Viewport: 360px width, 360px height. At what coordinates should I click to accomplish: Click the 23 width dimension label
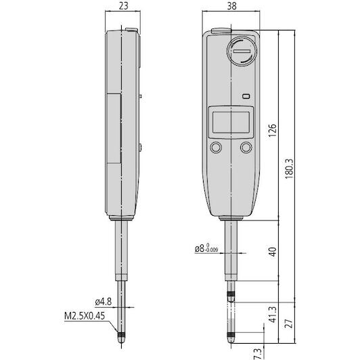coord(123,5)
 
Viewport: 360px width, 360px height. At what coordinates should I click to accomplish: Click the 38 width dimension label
coord(231,6)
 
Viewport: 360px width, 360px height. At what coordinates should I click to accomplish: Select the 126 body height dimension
coord(272,131)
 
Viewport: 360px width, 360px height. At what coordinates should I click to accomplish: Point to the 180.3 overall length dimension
coord(290,168)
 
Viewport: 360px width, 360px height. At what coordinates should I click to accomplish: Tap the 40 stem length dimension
coord(272,252)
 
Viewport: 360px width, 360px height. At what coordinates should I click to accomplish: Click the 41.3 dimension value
coord(273,314)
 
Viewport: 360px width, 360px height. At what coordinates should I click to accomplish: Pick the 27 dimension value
coord(290,323)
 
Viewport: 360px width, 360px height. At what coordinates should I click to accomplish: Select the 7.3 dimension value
coord(258,353)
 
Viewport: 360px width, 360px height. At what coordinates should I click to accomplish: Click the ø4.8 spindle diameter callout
coord(104,302)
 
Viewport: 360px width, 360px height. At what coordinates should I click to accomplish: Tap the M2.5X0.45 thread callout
coord(85,316)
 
